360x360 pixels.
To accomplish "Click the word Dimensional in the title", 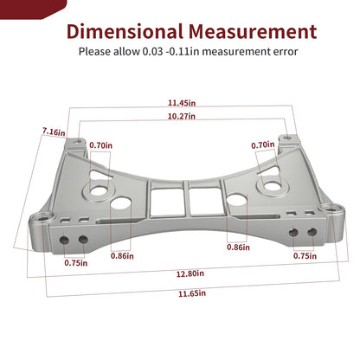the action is [125, 31].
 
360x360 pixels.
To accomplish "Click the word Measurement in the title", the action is [253, 31].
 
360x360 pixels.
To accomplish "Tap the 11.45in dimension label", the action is [182, 103].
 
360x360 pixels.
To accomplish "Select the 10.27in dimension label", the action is [182, 116].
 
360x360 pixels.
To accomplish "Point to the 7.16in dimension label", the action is [54, 132].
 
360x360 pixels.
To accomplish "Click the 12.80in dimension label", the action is [190, 273].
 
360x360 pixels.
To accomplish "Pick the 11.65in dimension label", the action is [192, 293].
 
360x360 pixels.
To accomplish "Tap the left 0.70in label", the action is [101, 145].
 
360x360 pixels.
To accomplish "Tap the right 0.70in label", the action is [263, 145].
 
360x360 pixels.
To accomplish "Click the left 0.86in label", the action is [122, 256].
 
